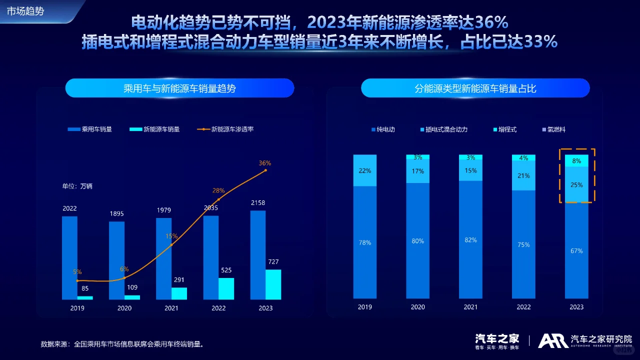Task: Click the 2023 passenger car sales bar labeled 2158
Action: coord(258,255)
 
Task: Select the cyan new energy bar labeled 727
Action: coord(273,284)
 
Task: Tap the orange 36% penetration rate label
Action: coord(265,163)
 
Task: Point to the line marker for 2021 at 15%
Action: coord(171,245)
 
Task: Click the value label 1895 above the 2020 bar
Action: coord(116,214)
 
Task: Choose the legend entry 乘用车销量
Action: coord(90,129)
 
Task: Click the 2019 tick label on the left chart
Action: coord(77,308)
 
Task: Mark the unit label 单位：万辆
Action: coord(77,186)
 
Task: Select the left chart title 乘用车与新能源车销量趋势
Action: coord(179,88)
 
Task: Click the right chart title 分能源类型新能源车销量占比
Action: coord(475,88)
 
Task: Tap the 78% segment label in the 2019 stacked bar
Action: coord(365,243)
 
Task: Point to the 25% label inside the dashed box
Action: coord(576,185)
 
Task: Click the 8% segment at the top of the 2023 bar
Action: coord(576,161)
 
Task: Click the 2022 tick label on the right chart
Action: coord(523,307)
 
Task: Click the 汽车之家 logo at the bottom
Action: coord(497,340)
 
